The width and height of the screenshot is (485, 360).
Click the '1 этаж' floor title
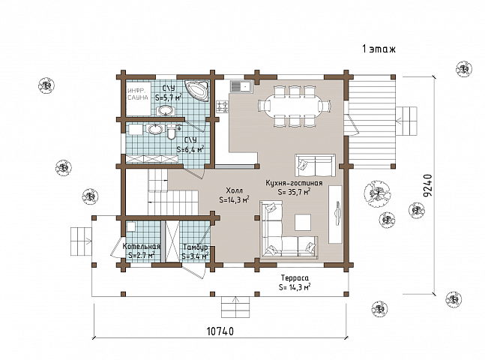(x=379, y=49)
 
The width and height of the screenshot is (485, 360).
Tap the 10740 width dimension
(x=220, y=331)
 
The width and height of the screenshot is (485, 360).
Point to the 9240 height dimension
(x=427, y=186)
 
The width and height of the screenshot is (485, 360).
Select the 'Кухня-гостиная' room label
(x=294, y=183)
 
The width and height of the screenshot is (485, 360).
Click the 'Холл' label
(x=234, y=190)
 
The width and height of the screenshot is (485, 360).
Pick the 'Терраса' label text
(x=295, y=277)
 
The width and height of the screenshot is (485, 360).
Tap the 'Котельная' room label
(x=142, y=247)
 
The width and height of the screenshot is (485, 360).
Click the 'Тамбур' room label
(x=195, y=247)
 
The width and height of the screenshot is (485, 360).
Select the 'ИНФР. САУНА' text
(x=138, y=94)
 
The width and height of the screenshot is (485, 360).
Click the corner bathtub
(x=196, y=91)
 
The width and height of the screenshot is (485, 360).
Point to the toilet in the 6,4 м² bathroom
(x=171, y=132)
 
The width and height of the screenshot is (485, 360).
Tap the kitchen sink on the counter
(x=241, y=85)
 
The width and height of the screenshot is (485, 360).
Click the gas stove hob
(x=223, y=106)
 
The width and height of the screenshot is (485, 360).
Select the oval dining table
(x=295, y=106)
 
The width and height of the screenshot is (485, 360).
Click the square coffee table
(x=303, y=223)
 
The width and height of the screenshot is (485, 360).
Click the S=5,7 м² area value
(x=169, y=97)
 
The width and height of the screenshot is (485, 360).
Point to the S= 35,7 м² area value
(x=294, y=191)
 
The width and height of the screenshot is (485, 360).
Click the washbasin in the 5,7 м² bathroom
(x=166, y=110)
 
